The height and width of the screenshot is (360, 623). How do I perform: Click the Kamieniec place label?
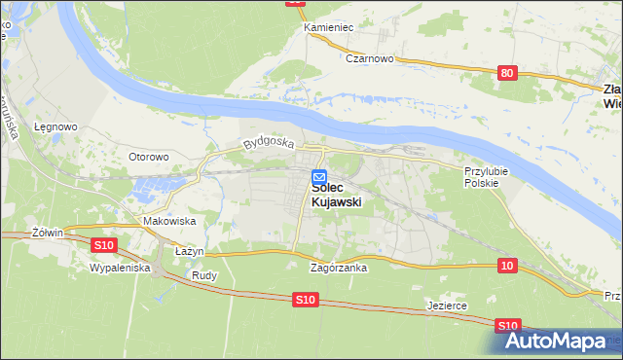328,27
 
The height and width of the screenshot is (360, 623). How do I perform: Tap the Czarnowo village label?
369,58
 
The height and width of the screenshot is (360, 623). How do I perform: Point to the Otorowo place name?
149,156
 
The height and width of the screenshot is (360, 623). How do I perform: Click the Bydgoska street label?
269,143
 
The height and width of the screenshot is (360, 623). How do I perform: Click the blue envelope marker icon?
319,177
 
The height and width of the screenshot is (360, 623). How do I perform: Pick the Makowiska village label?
169,221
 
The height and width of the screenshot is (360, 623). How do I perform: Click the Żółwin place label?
47,233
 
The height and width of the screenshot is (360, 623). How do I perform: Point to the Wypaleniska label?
119,266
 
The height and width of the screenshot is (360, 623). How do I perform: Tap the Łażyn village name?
189,251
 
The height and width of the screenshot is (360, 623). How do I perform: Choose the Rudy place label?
204,275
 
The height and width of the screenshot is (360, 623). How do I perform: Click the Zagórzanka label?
338,268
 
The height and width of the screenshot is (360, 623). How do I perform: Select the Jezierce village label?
447,305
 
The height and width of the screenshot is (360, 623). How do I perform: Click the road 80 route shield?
505,72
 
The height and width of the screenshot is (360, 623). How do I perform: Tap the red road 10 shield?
505,265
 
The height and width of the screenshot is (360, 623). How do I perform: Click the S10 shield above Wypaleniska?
105,244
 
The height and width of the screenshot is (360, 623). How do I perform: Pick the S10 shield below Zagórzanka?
305,302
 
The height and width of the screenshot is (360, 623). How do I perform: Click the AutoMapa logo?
559,340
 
